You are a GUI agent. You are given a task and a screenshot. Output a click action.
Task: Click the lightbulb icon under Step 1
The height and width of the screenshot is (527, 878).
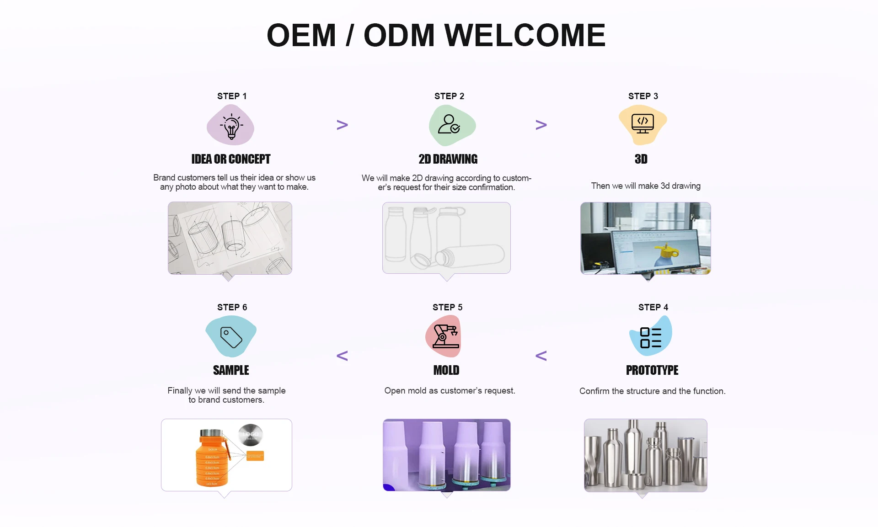tap(231, 126)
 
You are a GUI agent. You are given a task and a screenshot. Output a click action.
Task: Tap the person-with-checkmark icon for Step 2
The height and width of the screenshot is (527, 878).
tap(449, 124)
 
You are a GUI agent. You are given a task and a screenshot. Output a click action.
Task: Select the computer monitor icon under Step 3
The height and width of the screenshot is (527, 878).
tap(642, 123)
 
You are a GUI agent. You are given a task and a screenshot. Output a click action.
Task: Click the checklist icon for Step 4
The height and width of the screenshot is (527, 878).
tap(650, 337)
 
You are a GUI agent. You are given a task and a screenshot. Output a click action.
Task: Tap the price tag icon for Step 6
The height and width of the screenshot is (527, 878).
tap(231, 337)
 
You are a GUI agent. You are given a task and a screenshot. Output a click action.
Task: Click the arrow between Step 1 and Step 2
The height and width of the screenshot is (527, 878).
tap(342, 125)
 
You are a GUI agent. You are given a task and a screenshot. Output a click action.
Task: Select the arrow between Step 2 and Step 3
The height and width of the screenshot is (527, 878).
tap(541, 125)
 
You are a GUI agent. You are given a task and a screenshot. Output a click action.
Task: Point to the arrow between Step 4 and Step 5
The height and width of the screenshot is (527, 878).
tap(541, 356)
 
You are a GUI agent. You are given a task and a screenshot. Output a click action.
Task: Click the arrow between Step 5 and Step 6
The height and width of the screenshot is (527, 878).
tap(342, 356)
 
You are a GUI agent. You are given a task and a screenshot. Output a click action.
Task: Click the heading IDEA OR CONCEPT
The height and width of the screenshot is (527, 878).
tap(231, 159)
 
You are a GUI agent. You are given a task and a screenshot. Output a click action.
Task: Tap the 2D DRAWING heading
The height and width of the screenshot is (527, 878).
tap(448, 159)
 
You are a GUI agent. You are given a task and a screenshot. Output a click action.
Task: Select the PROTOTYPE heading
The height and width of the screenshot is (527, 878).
tap(652, 370)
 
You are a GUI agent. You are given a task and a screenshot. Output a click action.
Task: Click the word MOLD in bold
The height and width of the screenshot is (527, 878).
tap(446, 370)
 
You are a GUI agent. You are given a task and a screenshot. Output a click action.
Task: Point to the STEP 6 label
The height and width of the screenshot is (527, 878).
tap(232, 307)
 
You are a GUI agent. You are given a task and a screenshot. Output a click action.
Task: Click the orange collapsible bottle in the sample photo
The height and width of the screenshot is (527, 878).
tap(212, 459)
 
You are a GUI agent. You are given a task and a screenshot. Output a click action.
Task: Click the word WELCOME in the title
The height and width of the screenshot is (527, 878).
tap(525, 35)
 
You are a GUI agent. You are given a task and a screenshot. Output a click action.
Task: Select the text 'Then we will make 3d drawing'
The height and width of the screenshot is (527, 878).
tap(646, 186)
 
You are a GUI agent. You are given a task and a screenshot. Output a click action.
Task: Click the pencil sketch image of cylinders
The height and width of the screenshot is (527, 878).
tap(230, 238)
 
